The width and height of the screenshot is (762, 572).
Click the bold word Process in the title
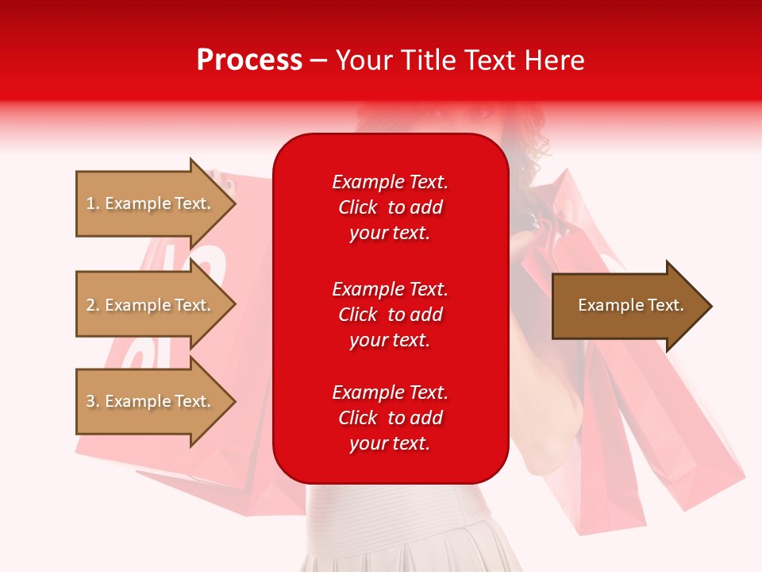pyautogui.click(x=249, y=60)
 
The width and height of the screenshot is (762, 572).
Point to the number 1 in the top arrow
pyautogui.click(x=90, y=203)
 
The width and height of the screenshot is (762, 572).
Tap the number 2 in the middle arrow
pyautogui.click(x=90, y=305)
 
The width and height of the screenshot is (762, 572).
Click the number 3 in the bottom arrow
pyautogui.click(x=90, y=401)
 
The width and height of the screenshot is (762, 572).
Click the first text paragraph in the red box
pyautogui.click(x=390, y=207)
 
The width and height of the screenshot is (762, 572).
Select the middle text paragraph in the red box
pyautogui.click(x=390, y=315)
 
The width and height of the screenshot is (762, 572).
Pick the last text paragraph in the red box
pyautogui.click(x=390, y=418)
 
